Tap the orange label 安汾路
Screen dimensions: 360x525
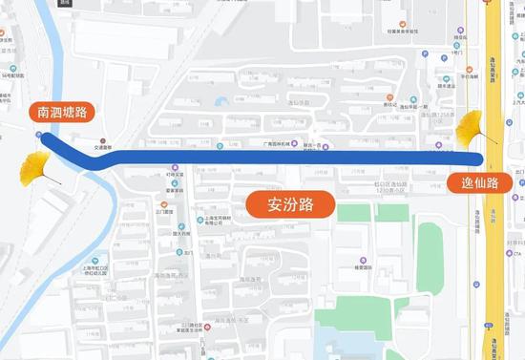click(281, 203)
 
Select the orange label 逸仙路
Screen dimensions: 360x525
click(480, 182)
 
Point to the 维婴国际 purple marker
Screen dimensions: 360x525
click(364, 260)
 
